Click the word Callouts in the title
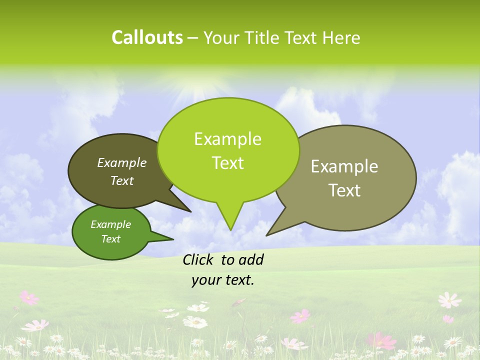click(x=147, y=37)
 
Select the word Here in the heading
click(x=342, y=38)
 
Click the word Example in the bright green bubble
click(x=227, y=139)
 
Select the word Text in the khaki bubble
click(x=344, y=190)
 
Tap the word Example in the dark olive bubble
click(x=122, y=162)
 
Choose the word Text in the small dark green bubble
click(x=111, y=239)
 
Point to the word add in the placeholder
click(x=251, y=259)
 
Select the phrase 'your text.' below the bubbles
click(x=223, y=280)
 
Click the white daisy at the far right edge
click(x=449, y=300)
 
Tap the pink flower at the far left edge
click(x=29, y=298)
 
